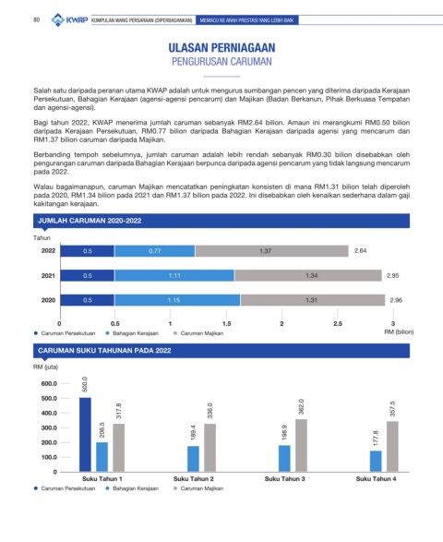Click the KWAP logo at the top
point(69,19)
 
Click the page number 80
point(37,20)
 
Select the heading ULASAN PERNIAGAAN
point(221,48)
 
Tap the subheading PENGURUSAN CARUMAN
point(221,62)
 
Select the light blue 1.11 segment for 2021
point(174,275)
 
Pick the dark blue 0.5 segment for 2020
point(88,300)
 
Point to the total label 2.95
point(392,275)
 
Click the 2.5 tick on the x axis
point(338,323)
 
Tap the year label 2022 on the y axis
point(48,250)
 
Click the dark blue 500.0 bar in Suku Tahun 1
point(85,435)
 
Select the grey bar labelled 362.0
point(301,445)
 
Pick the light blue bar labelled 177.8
point(376,461)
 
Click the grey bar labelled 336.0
point(210,448)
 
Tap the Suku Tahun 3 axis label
point(285,478)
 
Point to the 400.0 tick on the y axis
point(49,413)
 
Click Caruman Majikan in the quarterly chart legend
point(202,488)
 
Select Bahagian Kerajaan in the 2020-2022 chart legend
point(136,333)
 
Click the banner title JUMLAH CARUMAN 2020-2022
point(90,221)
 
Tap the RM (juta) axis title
point(45,367)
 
